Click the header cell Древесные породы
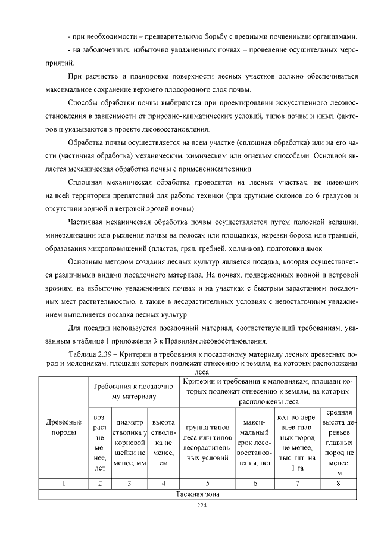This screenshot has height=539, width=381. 64,426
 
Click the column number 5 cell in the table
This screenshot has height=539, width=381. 208,483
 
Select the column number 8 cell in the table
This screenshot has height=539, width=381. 338,483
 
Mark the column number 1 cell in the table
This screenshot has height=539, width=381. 64,483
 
